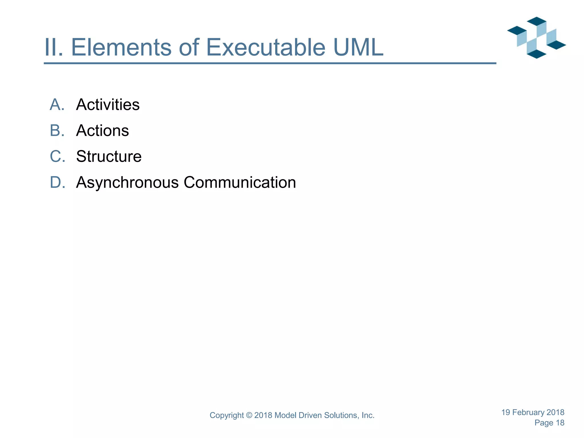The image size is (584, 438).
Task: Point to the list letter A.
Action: click(57, 105)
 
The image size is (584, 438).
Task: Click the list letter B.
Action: click(57, 131)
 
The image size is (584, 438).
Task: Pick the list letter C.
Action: click(57, 157)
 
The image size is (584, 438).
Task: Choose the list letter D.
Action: click(57, 182)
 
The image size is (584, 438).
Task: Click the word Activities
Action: click(108, 105)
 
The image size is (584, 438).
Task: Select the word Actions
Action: click(102, 131)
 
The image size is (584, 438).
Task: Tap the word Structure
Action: click(109, 157)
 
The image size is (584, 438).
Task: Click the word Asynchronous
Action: click(127, 182)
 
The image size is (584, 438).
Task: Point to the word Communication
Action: click(240, 182)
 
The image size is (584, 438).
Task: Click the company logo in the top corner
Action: click(536, 38)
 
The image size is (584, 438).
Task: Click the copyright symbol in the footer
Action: click(249, 415)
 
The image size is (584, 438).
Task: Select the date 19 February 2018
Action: click(533, 412)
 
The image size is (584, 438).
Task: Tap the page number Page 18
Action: click(549, 423)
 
